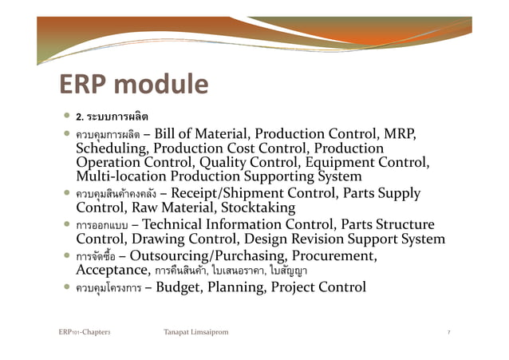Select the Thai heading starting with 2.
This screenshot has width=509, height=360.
(x=112, y=118)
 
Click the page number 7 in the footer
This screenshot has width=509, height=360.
(x=449, y=330)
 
